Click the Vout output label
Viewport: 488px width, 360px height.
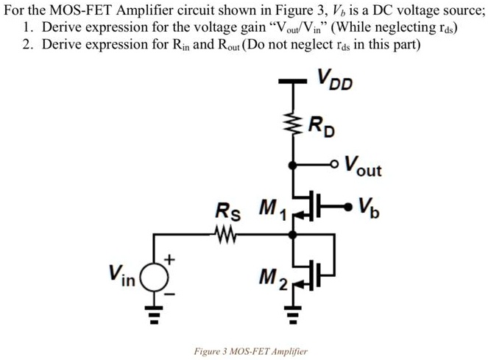pos(363,166)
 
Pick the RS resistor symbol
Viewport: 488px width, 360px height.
pos(220,236)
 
